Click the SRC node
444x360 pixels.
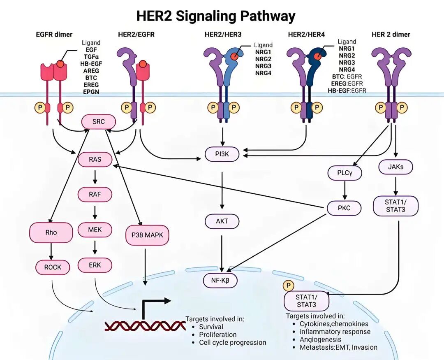[99, 122]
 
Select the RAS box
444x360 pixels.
[95, 159]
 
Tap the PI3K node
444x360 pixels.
[222, 155]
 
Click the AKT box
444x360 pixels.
[222, 221]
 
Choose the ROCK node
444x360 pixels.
[53, 267]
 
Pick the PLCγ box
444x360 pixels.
[345, 173]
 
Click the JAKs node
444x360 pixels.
[396, 167]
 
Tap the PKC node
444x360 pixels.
[344, 208]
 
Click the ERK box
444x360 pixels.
[95, 265]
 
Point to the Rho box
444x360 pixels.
[51, 232]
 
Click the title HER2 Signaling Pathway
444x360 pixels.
[216, 16]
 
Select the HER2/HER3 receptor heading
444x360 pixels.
[222, 35]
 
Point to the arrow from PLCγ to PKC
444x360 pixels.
[345, 190]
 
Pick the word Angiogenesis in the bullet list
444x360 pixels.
[320, 339]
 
